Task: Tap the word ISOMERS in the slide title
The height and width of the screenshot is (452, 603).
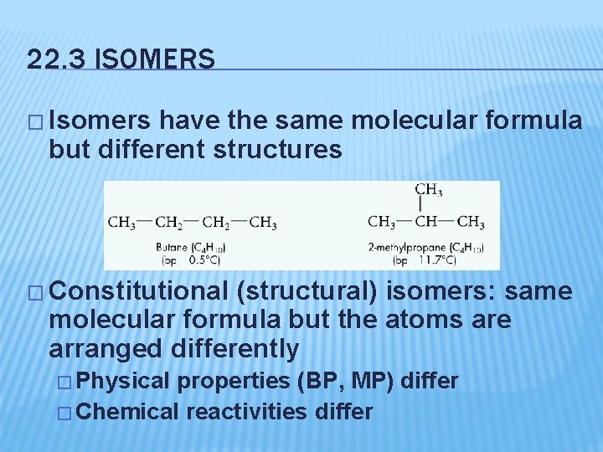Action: [157, 60]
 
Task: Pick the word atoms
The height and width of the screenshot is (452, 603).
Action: [411, 319]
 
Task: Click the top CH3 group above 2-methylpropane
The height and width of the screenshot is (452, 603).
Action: [429, 190]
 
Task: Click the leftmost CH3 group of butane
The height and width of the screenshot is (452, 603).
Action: [121, 223]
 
